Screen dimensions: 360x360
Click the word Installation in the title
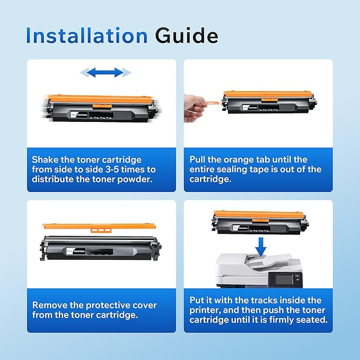tap(86, 36)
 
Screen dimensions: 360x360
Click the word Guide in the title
tap(186, 36)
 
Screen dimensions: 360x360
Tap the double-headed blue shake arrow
tap(106, 72)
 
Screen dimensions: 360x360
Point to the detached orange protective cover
tap(99, 227)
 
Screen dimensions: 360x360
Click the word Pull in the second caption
tap(199, 160)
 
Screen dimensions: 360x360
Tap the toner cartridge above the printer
tap(259, 222)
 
